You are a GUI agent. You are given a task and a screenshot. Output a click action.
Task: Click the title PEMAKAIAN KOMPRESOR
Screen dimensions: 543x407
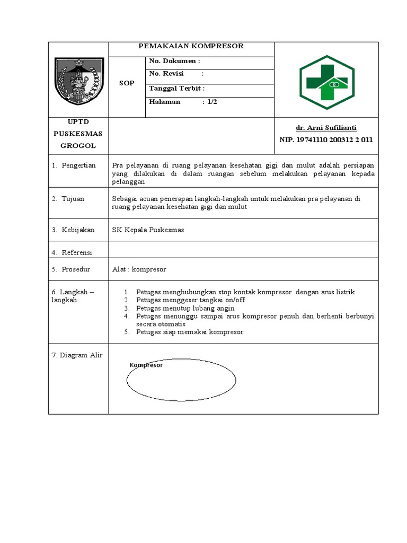(191, 46)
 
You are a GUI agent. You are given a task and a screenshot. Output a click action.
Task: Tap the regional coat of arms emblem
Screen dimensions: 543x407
(78, 81)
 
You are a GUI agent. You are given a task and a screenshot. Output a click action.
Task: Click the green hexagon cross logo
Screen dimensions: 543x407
(326, 82)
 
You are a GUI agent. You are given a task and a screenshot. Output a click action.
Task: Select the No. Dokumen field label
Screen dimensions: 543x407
(174, 62)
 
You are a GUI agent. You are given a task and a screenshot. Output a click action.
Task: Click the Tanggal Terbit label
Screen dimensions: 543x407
(176, 88)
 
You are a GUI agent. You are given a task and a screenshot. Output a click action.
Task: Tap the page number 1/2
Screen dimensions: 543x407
(212, 102)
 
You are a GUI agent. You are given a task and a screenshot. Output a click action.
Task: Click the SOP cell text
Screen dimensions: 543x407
(127, 83)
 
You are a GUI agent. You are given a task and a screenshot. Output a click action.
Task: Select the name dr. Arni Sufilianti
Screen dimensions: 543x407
(326, 128)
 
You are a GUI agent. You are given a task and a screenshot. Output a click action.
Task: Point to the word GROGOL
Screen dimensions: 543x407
(78, 145)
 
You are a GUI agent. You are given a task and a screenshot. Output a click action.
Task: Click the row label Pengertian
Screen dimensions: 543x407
(78, 165)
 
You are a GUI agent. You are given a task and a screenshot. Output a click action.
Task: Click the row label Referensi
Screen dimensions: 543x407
(76, 252)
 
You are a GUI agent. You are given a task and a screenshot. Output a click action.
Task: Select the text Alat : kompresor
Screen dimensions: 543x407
(139, 269)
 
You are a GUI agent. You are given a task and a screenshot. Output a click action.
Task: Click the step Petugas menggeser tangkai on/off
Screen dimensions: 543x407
(190, 300)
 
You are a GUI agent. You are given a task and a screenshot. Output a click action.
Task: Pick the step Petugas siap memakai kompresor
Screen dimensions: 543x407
(189, 332)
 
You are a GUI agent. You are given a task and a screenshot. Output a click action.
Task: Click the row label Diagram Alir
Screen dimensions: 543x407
(77, 355)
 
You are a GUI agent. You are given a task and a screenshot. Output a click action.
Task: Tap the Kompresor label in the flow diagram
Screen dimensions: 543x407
(146, 365)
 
